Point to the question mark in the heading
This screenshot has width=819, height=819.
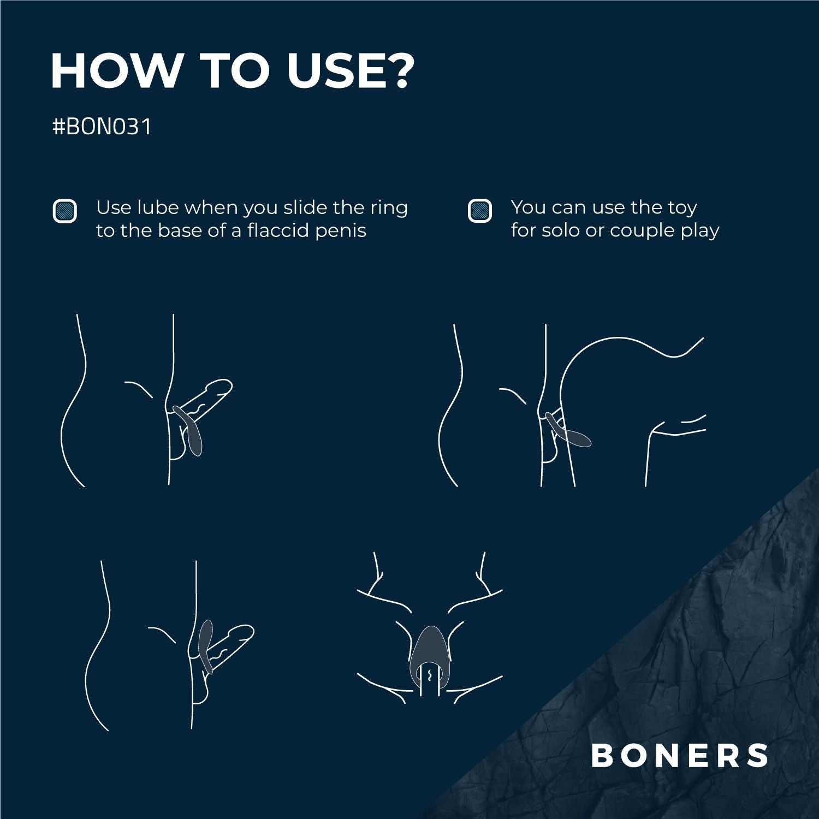point(395,72)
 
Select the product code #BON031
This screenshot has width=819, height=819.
point(102,127)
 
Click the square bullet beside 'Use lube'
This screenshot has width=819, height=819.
point(64,211)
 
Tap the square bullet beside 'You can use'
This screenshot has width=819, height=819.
point(480,211)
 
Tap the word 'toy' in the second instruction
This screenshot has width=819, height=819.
point(681,209)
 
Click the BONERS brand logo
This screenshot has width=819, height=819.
point(680,756)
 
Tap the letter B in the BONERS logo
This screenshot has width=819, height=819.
point(603,756)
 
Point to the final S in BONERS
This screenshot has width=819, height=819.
point(758,756)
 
